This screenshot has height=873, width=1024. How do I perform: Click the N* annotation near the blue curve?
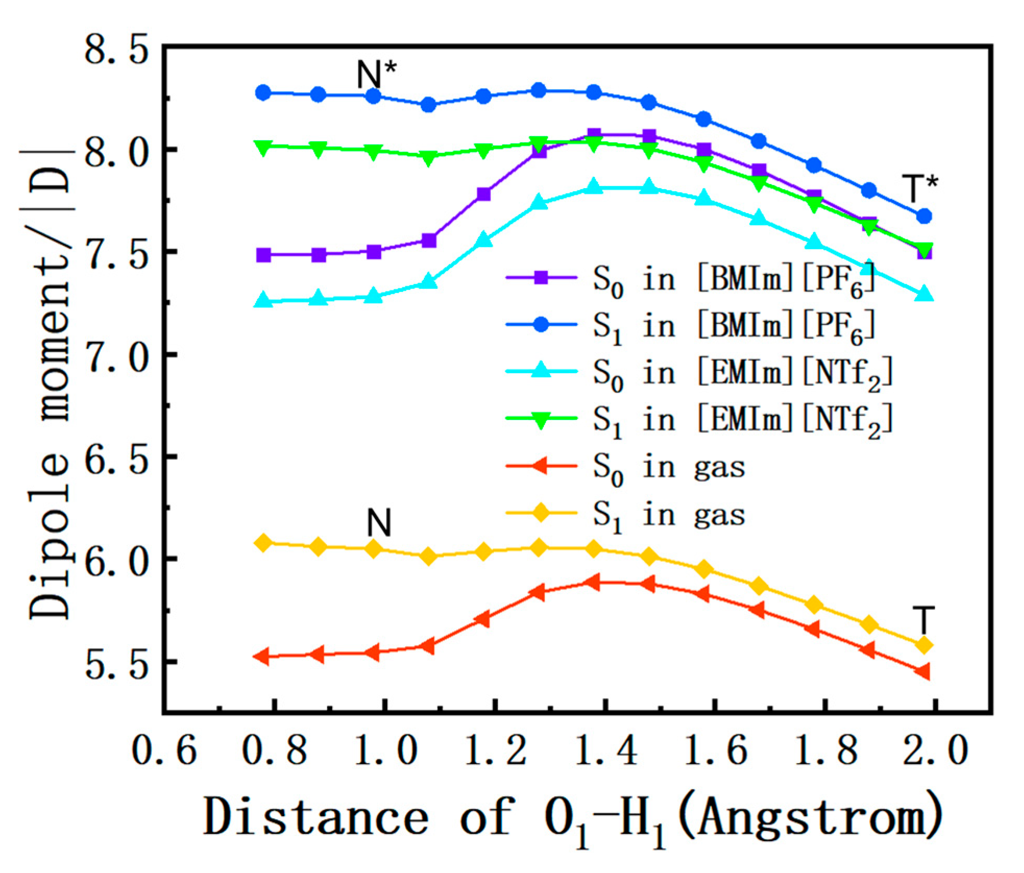pos(376,74)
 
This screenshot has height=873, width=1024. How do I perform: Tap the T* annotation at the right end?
pos(920,188)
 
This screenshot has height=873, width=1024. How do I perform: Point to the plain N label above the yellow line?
pos(379,522)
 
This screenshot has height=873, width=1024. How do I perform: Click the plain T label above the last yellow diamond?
pos(923,620)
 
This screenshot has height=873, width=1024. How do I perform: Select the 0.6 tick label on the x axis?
pos(164,751)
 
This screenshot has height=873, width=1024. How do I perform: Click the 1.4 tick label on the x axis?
pos(606,751)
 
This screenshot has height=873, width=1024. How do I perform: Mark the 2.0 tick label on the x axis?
pos(935,751)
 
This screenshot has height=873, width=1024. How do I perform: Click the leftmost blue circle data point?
pos(263,93)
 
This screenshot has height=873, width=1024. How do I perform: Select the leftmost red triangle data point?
pos(262,656)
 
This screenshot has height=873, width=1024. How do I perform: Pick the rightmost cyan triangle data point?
pos(924,293)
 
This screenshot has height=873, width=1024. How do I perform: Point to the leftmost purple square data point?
pos(264,255)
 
